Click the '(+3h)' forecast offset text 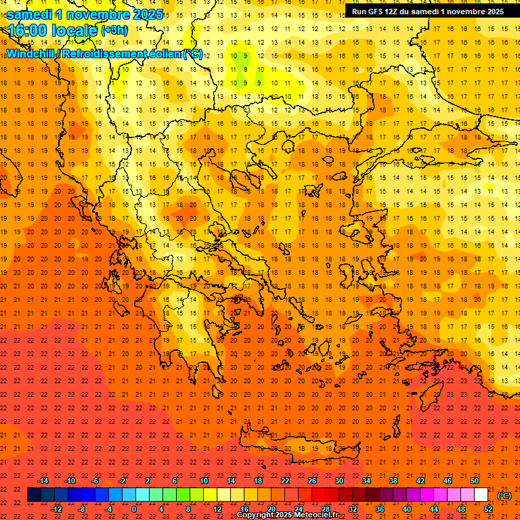[113, 30]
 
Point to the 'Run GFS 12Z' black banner [428, 12]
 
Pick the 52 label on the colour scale [488, 508]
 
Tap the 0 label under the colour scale [134, 508]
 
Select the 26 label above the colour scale [312, 481]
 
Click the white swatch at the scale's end [481, 495]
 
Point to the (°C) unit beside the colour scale [504, 495]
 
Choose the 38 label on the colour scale [393, 481]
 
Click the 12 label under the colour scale [217, 508]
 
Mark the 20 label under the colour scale [272, 508]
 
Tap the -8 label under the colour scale [82, 508]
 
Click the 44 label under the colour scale [434, 508]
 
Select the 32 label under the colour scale [353, 508]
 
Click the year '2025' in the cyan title [146, 14]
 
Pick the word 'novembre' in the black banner [461, 12]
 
